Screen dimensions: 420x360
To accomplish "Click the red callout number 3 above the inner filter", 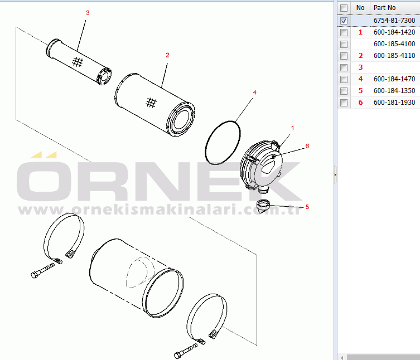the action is (x=88, y=13).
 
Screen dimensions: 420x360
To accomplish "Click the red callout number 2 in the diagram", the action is (x=167, y=55).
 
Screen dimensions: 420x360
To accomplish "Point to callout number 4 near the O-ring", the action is (x=254, y=93).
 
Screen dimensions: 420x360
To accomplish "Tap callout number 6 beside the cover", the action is (x=307, y=146).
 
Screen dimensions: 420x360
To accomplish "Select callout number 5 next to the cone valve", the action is (x=307, y=207).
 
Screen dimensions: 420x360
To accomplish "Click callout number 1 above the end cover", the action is (x=292, y=128).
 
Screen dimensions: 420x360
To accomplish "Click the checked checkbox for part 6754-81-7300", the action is (x=344, y=21).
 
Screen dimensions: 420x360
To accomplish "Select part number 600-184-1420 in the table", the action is (x=394, y=32).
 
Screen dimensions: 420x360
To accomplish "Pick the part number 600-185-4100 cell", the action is (x=394, y=44).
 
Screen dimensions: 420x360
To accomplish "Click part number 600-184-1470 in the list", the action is (x=394, y=79).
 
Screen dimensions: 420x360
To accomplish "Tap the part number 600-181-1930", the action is (x=394, y=103).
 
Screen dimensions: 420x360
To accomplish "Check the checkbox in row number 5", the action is (x=344, y=91).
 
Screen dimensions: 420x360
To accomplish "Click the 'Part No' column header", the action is (x=384, y=8).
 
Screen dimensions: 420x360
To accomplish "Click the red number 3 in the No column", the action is (x=360, y=67).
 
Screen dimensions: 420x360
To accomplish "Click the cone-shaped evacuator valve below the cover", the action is (x=263, y=206).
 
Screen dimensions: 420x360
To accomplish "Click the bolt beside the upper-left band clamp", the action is (x=42, y=271).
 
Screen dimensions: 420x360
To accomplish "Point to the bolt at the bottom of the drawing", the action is (x=186, y=351).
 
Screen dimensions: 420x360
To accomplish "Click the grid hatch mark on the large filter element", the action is (x=151, y=102).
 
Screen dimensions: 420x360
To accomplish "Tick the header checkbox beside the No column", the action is (x=344, y=8).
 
